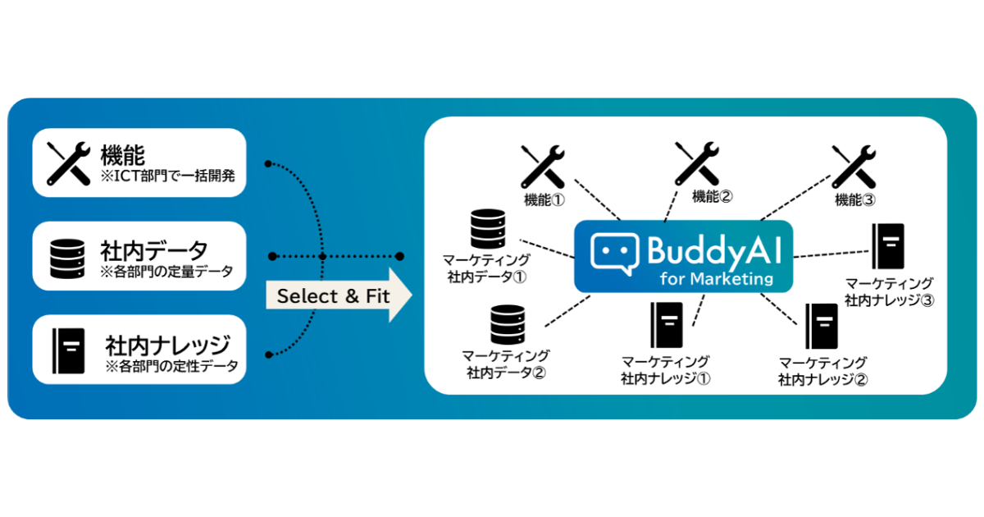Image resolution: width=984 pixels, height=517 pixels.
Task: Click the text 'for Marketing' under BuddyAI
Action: click(x=717, y=278)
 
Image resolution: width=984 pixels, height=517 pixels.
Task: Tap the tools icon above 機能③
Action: click(x=854, y=167)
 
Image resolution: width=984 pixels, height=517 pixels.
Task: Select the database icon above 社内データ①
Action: click(x=487, y=232)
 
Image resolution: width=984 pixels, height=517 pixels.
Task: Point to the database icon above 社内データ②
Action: click(x=507, y=325)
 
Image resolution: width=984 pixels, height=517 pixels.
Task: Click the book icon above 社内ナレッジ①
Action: click(x=665, y=327)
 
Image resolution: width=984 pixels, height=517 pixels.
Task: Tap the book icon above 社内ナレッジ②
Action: click(x=821, y=327)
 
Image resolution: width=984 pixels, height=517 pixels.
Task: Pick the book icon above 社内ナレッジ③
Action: click(x=887, y=248)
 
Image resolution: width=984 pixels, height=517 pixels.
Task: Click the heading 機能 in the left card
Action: click(x=123, y=154)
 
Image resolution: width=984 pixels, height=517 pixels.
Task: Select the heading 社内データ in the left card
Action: click(x=153, y=249)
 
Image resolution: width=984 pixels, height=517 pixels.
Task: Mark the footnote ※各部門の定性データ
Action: click(x=172, y=366)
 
